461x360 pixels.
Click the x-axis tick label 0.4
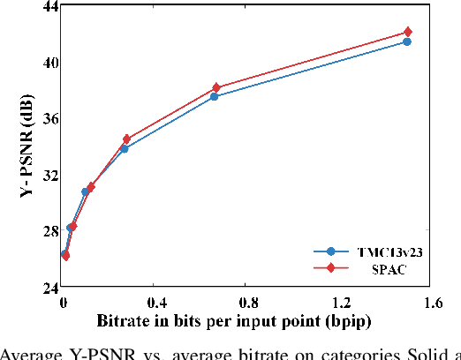[154, 303]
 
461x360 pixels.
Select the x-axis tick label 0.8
[246, 303]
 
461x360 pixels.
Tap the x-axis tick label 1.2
[339, 303]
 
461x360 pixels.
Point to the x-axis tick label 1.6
[432, 303]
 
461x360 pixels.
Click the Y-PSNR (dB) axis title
[27, 146]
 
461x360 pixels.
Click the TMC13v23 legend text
[386, 251]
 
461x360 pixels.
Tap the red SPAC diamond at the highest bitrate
[407, 33]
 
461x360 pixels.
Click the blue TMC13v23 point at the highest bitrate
[407, 41]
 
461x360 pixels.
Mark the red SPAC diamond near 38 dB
[216, 88]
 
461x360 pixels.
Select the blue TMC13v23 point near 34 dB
[124, 148]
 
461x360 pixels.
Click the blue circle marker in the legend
[330, 251]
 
